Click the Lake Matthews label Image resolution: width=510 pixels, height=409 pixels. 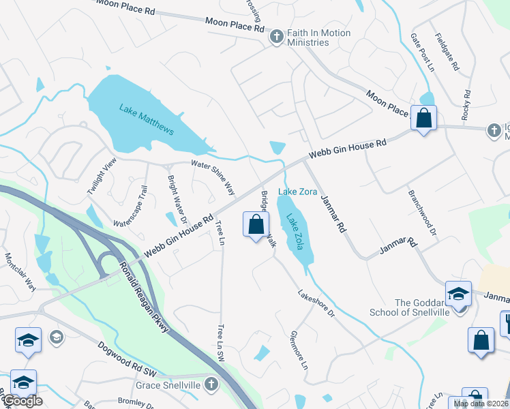click(x=147, y=119)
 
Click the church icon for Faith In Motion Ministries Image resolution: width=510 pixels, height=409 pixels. click(x=277, y=37)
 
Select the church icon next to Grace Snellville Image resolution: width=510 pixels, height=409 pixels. click(x=211, y=384)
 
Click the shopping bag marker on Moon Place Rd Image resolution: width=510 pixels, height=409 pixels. click(x=424, y=119)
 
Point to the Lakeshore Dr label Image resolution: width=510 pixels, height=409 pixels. click(x=316, y=303)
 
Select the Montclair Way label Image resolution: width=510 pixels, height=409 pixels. click(x=20, y=272)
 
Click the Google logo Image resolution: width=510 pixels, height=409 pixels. click(x=22, y=401)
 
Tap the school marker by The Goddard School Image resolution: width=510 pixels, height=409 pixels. click(x=458, y=294)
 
